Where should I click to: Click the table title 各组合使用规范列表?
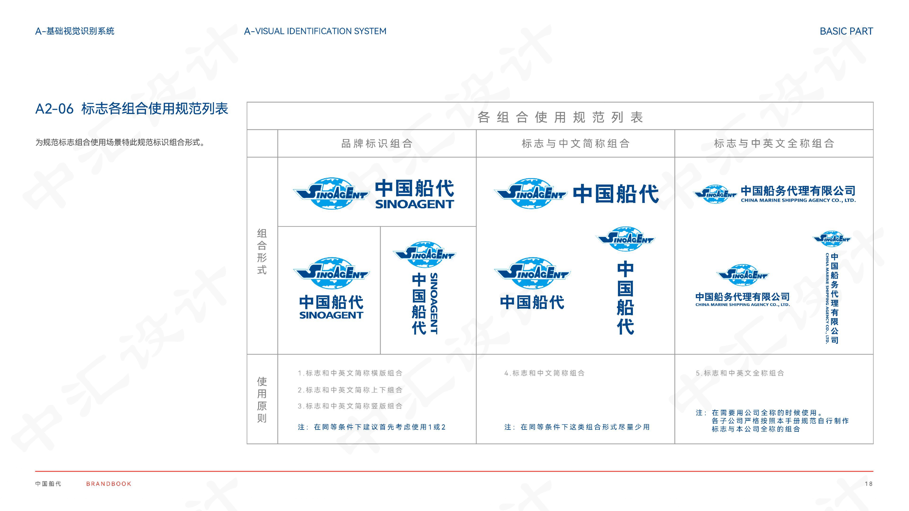click(560, 117)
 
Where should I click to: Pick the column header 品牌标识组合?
click(377, 144)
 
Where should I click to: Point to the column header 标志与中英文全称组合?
click(774, 144)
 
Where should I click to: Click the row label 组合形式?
click(262, 251)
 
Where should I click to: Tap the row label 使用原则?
click(262, 399)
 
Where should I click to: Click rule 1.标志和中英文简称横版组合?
click(350, 373)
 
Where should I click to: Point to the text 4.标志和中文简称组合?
click(544, 373)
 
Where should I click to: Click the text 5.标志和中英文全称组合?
click(740, 373)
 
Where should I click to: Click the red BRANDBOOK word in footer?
click(109, 484)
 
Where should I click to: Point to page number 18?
click(868, 484)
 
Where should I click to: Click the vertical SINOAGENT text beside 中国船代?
click(434, 303)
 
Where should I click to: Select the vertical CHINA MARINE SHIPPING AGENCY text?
click(827, 298)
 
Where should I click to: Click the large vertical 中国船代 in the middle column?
click(625, 298)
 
